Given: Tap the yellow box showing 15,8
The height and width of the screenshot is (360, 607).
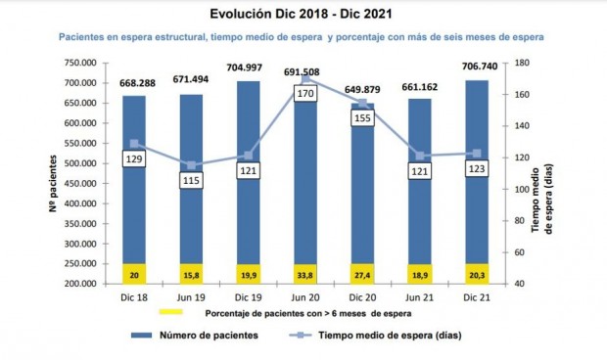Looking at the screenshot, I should (192, 275).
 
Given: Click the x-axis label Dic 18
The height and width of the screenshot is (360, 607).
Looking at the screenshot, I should (135, 297).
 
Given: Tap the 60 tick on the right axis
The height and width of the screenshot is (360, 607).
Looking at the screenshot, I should (520, 252).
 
